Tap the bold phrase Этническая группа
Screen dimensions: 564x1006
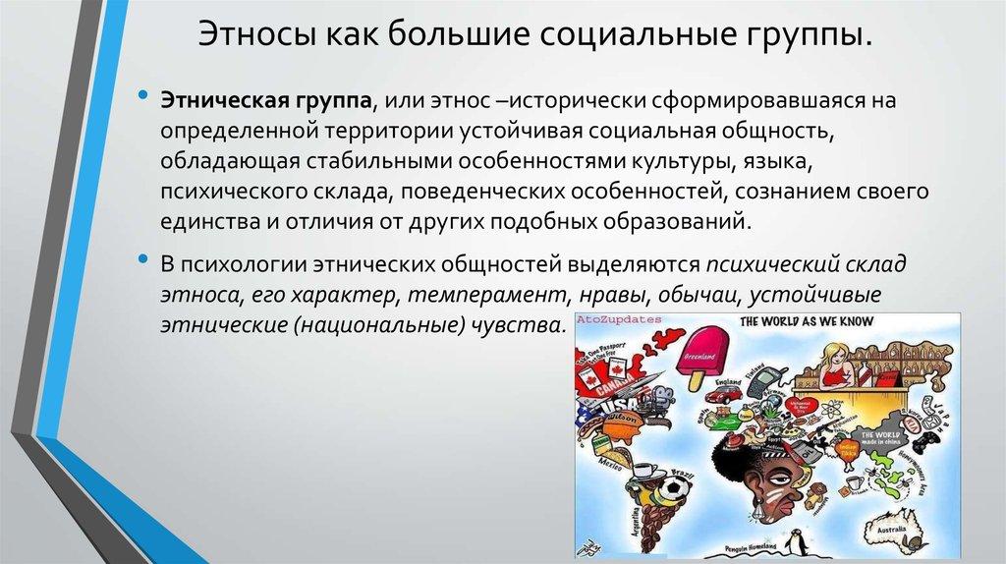coord(265,101)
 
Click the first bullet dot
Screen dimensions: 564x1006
coord(143,100)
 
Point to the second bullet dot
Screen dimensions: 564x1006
coord(143,266)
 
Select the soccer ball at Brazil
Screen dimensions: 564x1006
coord(677,486)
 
